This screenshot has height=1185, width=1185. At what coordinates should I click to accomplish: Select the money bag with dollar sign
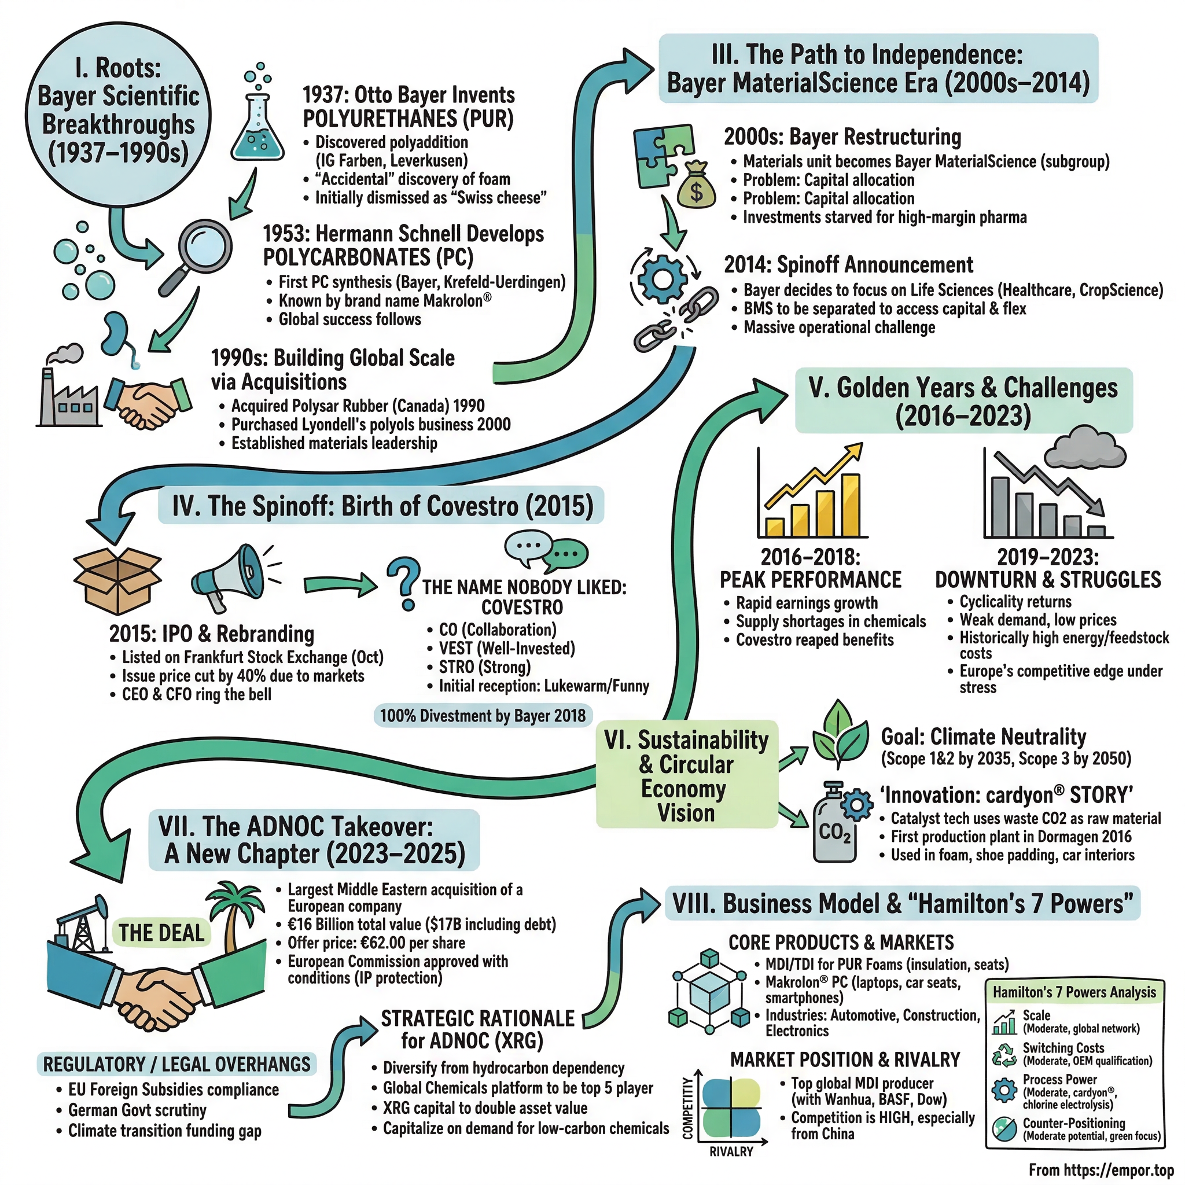point(697,187)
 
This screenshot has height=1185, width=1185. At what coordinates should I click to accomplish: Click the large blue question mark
point(404,583)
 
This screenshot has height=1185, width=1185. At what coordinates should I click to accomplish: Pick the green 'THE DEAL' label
point(161,933)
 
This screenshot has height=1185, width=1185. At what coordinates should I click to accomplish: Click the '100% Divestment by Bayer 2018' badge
point(483,715)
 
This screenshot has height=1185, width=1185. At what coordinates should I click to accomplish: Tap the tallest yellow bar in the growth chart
point(850,505)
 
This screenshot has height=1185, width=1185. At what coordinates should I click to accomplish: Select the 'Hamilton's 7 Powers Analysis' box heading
point(1074,992)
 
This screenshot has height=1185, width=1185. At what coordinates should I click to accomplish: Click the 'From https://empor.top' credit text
point(1101,1169)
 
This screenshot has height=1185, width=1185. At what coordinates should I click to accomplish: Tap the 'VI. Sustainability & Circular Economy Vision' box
point(686,776)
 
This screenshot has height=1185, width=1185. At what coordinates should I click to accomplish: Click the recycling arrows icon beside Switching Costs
point(1004,1054)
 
